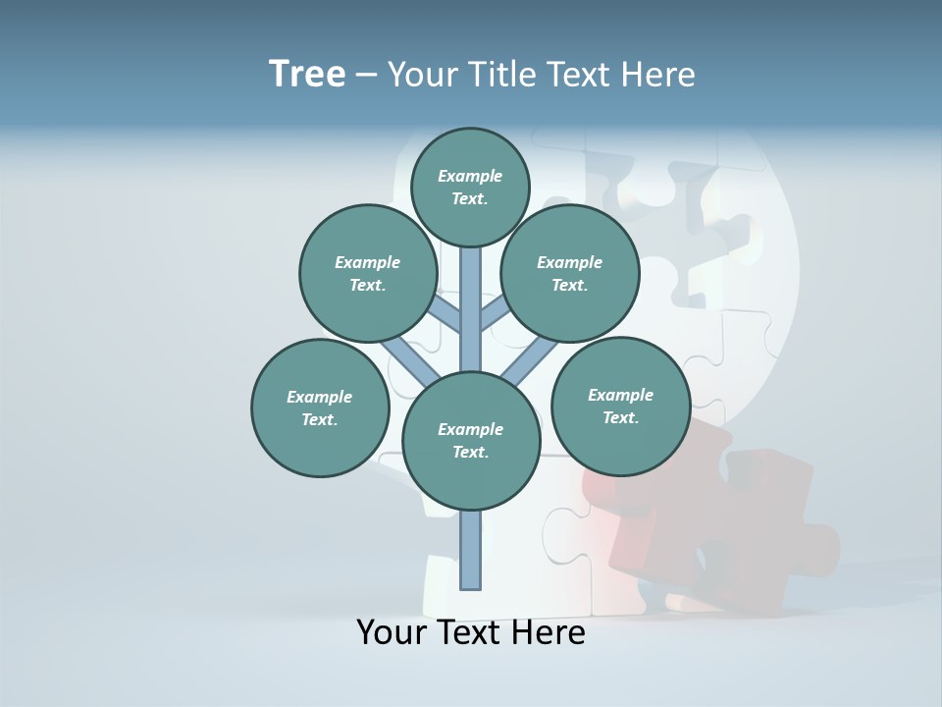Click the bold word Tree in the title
(307, 74)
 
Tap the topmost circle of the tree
(470, 188)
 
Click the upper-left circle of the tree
(368, 274)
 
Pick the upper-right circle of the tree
(570, 274)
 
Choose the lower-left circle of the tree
(320, 408)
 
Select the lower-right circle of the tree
(620, 406)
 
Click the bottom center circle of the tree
(471, 441)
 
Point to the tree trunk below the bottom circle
(471, 550)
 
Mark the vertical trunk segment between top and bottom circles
(471, 309)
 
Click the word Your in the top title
(423, 75)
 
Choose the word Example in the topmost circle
(470, 177)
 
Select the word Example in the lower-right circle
(620, 395)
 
